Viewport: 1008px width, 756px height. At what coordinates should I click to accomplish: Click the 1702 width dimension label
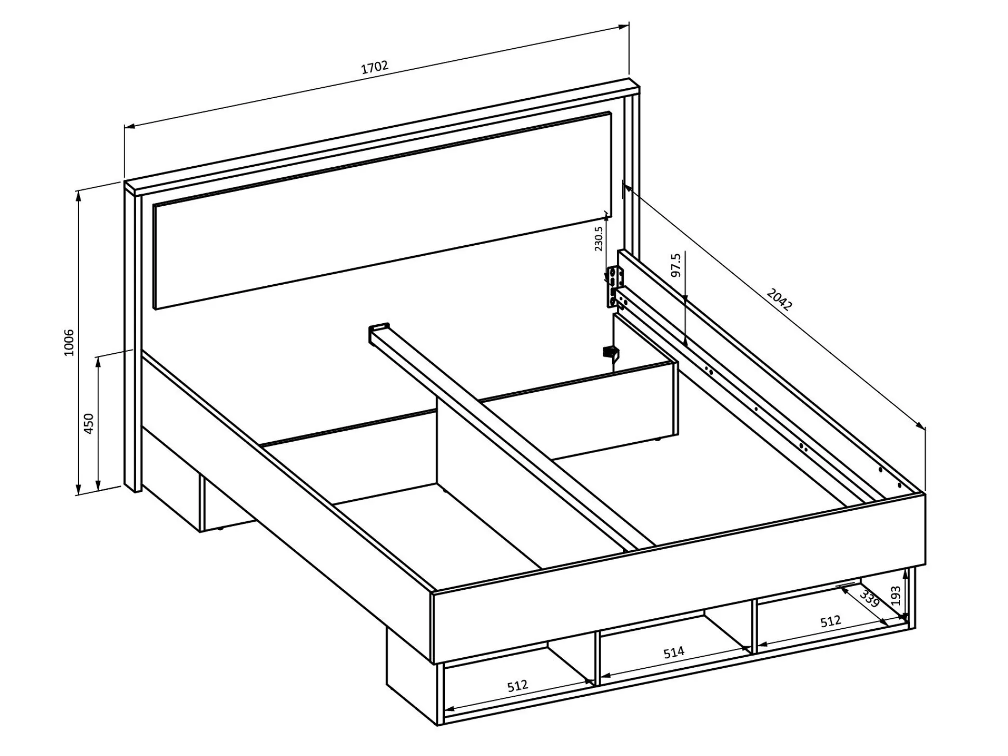point(375,68)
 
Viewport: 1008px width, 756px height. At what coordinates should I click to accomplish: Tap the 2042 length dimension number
point(779,300)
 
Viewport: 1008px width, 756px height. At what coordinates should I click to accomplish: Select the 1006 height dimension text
point(69,342)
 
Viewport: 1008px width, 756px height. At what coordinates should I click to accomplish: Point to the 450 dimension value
point(89,423)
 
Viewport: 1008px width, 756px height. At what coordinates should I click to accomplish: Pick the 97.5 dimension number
point(675,265)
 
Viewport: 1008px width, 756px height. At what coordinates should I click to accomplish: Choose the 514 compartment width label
point(674,652)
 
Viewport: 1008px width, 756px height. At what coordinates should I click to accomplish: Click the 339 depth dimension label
point(869,599)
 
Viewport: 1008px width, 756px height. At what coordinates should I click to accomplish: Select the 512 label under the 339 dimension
point(830,622)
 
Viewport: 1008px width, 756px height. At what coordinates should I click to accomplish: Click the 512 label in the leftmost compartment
point(518,686)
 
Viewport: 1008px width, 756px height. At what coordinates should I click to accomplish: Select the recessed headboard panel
point(382,210)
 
